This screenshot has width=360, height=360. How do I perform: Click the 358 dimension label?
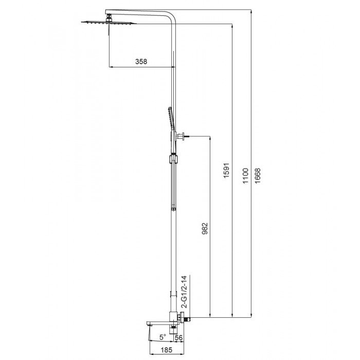tap(141, 61)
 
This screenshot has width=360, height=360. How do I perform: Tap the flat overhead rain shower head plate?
tap(109, 23)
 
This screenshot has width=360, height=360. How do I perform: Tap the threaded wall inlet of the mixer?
tap(188, 319)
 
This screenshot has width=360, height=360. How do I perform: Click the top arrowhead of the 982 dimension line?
tap(210, 138)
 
